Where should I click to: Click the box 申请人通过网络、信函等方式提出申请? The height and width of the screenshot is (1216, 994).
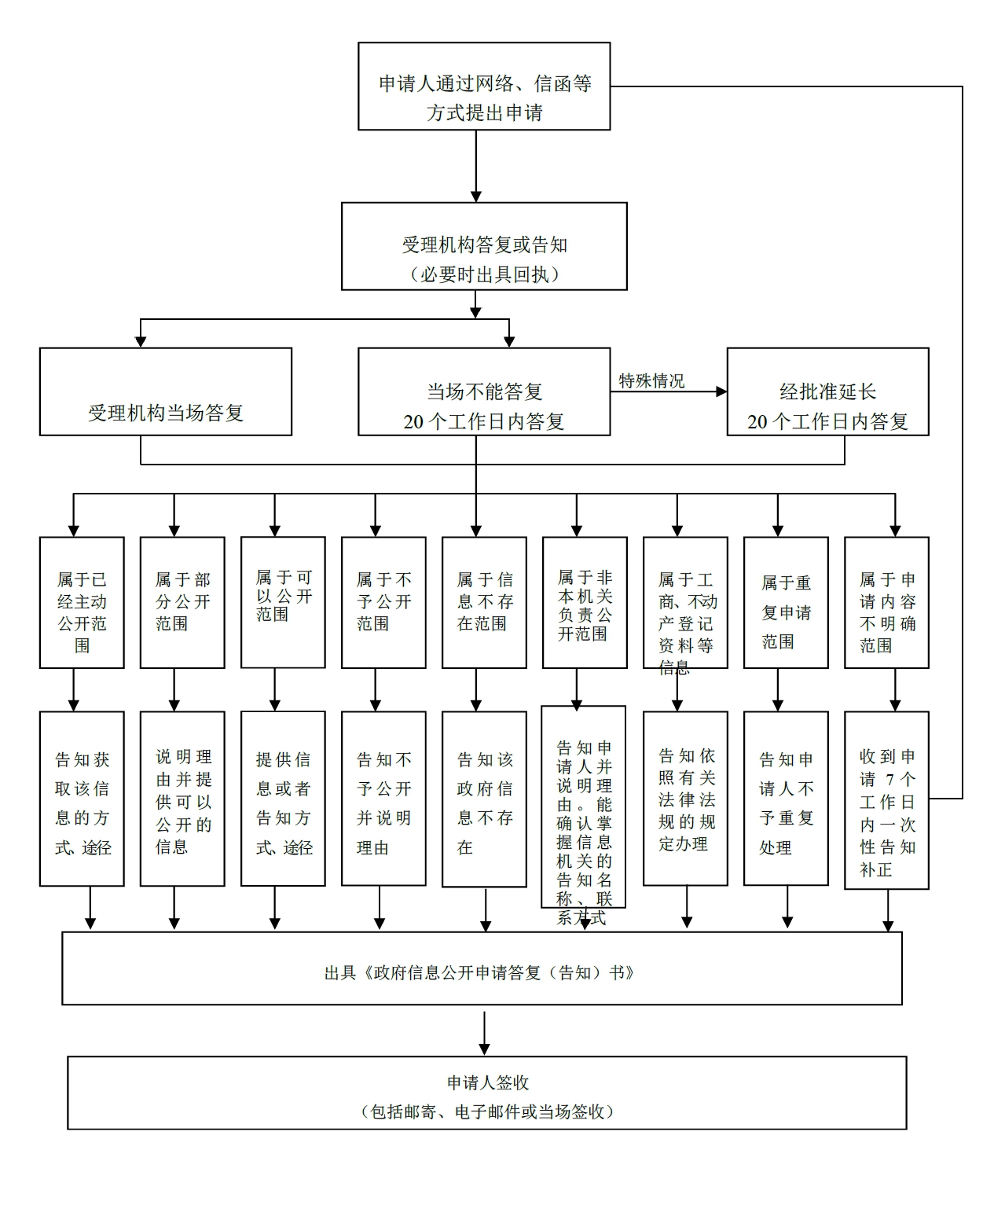tap(484, 86)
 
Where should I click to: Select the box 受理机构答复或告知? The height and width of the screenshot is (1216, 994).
tap(484, 246)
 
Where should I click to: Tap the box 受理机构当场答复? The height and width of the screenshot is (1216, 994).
tap(166, 391)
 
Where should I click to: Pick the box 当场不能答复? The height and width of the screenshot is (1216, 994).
tap(484, 391)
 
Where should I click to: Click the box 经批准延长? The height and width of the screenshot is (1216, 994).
tap(827, 391)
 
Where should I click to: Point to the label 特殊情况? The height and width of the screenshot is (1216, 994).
tap(651, 381)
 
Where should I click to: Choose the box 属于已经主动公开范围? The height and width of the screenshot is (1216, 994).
tap(82, 603)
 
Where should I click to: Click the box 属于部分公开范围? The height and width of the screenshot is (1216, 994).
tap(182, 603)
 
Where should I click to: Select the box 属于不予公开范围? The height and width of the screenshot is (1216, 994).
tap(383, 603)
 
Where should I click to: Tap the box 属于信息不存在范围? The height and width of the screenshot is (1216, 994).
tap(484, 603)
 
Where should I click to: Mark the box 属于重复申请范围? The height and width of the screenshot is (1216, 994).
tap(786, 603)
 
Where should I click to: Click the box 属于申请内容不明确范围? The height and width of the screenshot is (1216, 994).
tap(886, 603)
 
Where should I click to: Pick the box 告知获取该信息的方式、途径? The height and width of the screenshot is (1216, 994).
tap(82, 799)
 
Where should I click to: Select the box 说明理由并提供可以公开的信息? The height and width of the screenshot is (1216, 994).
tap(182, 799)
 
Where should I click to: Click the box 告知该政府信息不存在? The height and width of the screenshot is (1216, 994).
tap(484, 799)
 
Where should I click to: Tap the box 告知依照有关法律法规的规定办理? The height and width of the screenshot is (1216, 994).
tap(685, 799)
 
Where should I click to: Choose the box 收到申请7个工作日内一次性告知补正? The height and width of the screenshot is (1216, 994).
tap(886, 800)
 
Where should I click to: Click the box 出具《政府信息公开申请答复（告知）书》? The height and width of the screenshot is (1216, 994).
tap(482, 968)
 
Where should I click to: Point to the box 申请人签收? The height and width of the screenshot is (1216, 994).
tap(487, 1093)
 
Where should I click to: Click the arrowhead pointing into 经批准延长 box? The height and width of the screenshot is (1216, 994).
tap(721, 391)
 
